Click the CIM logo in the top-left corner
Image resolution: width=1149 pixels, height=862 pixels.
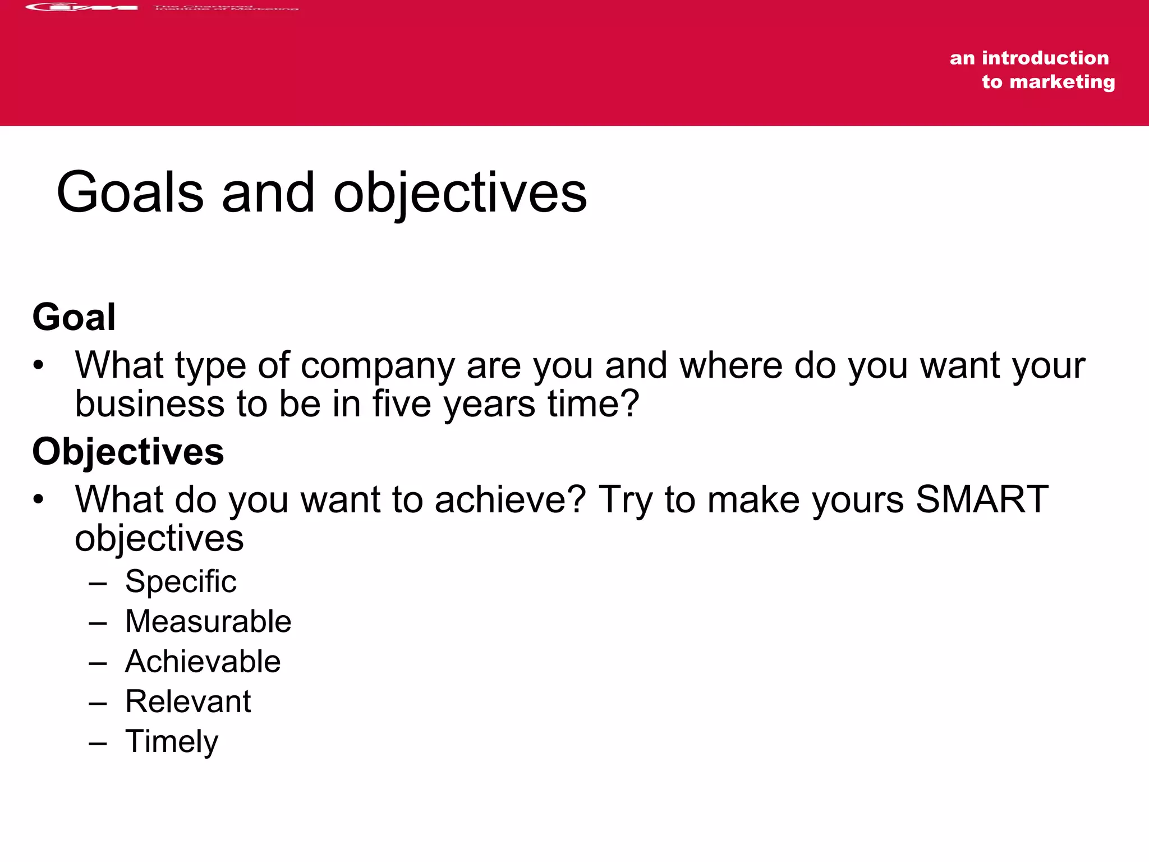click(82, 7)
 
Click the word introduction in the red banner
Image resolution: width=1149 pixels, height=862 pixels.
click(1045, 58)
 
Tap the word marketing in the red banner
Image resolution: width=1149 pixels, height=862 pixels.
click(1062, 82)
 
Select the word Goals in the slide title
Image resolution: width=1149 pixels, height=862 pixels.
click(130, 192)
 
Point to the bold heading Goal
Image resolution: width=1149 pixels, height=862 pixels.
click(74, 317)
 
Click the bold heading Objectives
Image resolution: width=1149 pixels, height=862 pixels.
click(128, 452)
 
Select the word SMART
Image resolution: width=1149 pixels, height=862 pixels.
click(982, 499)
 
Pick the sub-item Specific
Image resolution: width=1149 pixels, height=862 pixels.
click(181, 581)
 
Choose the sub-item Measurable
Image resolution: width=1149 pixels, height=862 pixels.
click(208, 621)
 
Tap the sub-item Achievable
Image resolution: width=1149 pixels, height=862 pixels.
click(203, 662)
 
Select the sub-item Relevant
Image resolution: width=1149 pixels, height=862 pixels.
click(188, 701)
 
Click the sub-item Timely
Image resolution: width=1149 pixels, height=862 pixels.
click(171, 742)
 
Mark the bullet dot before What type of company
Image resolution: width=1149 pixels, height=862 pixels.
click(38, 365)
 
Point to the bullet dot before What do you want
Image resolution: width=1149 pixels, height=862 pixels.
click(38, 499)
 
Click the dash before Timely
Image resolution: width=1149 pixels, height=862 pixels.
click(98, 743)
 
